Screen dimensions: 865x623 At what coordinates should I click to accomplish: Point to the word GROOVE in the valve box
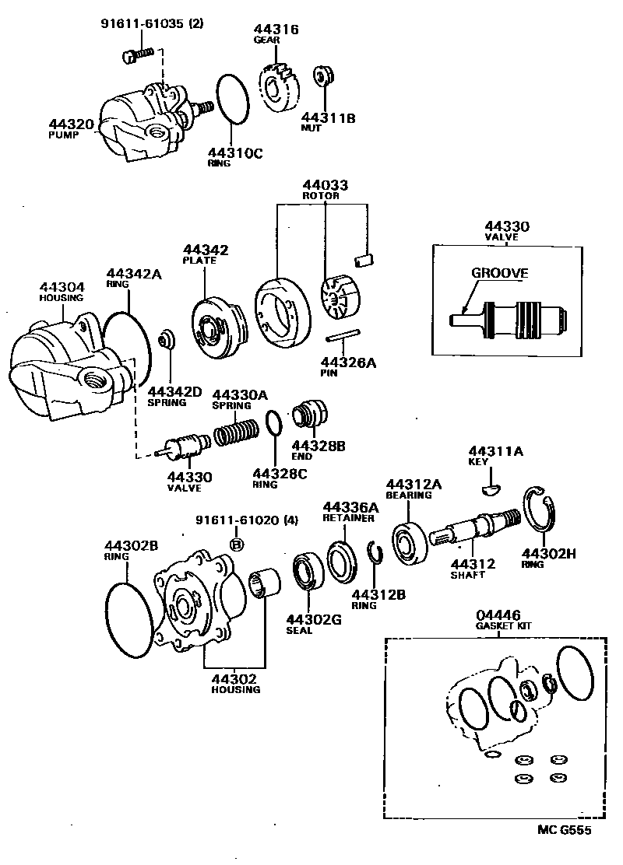point(499,273)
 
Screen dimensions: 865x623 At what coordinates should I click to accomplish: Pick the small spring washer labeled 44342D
point(166,340)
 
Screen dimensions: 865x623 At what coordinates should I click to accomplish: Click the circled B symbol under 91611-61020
point(237,545)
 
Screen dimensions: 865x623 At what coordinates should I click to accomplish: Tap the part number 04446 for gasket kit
point(499,615)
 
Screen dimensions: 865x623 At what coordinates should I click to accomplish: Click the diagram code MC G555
point(564,830)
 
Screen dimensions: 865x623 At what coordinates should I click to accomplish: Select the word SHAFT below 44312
point(467,575)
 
